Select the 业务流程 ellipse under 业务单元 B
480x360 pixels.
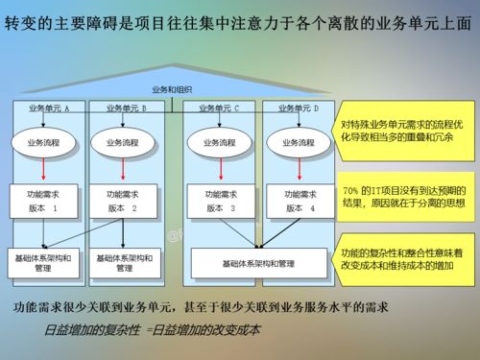(x=125, y=142)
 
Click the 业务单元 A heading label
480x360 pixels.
(x=50, y=108)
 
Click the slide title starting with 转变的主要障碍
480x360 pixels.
(x=239, y=23)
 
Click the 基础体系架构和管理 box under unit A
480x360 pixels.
(x=44, y=263)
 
